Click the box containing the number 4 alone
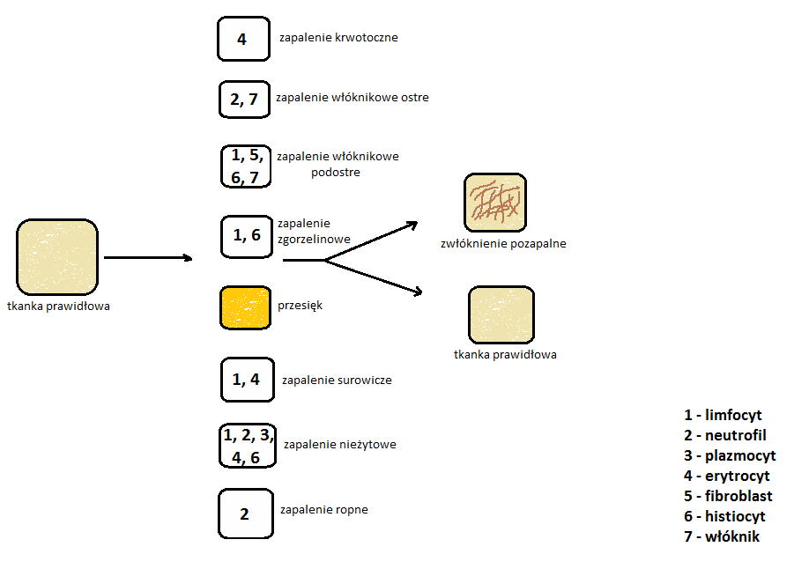[243, 39]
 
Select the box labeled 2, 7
[244, 99]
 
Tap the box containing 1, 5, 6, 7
[246, 166]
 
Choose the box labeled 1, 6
[246, 236]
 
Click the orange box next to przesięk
[244, 307]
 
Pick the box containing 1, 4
[247, 380]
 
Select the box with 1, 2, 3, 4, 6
[248, 445]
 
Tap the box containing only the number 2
[245, 514]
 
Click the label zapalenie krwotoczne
[338, 38]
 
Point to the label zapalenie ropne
[323, 509]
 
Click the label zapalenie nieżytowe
[339, 445]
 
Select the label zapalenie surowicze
[337, 381]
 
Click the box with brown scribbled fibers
[494, 203]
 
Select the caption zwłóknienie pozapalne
[502, 244]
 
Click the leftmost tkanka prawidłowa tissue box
[56, 258]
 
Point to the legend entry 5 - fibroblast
[728, 496]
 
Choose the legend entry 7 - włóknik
[721, 536]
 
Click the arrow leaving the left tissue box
[147, 258]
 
